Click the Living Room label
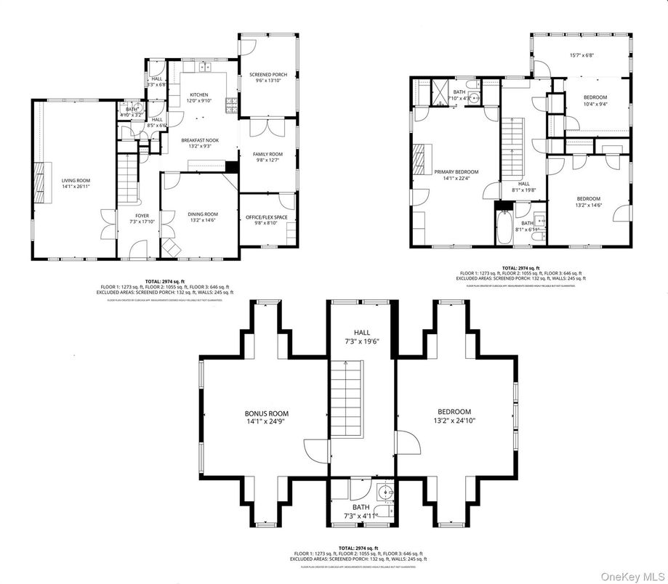(x=76, y=184)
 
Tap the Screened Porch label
(x=268, y=78)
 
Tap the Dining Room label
(x=203, y=217)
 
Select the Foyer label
(x=139, y=219)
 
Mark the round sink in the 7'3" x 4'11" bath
(x=387, y=495)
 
